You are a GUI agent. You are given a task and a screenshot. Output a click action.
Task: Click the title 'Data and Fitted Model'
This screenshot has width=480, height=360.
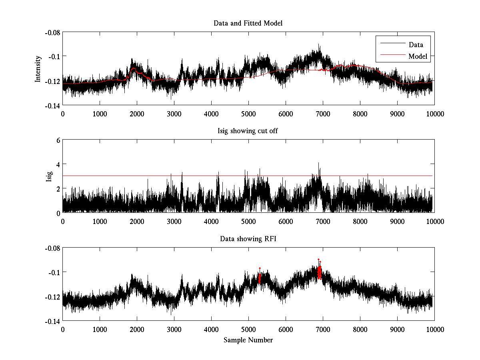[x=248, y=23]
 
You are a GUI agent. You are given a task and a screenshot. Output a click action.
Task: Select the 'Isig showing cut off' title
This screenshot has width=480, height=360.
[x=248, y=131]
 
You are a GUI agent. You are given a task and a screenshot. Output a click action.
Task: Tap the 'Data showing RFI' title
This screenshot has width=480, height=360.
[x=248, y=239]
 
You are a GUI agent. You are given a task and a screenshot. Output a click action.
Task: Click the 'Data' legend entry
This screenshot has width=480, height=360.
[x=416, y=44]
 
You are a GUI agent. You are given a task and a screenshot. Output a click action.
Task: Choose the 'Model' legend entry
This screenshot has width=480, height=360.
[x=418, y=56]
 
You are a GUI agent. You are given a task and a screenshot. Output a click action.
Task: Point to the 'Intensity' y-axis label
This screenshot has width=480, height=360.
[x=38, y=69]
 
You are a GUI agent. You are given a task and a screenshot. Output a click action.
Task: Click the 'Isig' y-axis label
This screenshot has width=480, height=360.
[x=49, y=176]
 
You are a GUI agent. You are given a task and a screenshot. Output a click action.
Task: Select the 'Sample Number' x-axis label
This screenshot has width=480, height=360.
[x=248, y=340]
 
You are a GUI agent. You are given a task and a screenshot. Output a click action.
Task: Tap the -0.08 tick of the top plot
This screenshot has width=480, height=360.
[x=52, y=32]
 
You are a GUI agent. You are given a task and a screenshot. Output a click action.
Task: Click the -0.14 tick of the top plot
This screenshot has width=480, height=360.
[x=52, y=106]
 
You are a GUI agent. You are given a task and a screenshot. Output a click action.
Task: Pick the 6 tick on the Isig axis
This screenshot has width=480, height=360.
[x=58, y=140]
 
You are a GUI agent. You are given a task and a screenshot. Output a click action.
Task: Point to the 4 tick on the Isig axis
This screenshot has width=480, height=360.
[x=58, y=164]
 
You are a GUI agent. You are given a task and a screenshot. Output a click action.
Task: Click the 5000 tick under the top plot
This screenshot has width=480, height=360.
[x=248, y=114]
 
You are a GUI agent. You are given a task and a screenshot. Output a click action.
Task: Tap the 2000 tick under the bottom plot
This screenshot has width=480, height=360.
[x=137, y=329]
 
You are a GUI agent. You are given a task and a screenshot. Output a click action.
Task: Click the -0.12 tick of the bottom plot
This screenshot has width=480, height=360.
[x=52, y=297]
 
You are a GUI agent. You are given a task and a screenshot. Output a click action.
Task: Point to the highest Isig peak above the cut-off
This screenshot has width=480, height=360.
[x=318, y=163]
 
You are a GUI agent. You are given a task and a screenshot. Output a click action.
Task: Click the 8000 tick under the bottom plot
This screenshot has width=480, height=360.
[x=360, y=329]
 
